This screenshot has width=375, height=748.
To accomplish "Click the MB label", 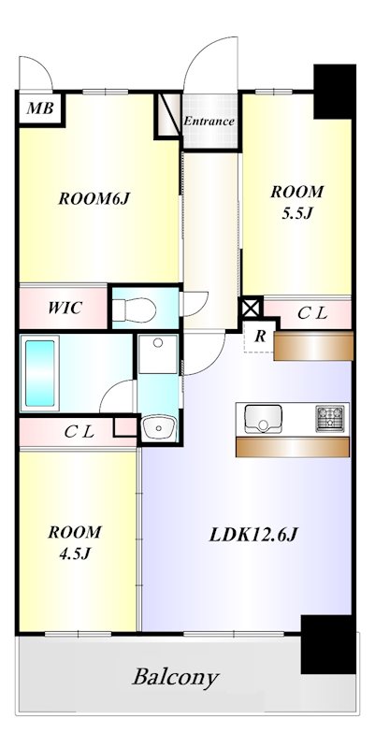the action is coord(39,108).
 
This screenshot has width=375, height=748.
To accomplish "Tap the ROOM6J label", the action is coord(94,199).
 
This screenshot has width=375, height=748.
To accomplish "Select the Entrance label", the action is coord(209,122).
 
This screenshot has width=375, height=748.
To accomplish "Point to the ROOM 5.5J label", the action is coord(296,202).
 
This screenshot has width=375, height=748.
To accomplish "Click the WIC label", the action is coord(65,308).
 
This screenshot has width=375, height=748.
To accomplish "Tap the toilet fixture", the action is coord(134,309).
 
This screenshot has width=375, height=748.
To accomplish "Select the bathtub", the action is coord(39,373).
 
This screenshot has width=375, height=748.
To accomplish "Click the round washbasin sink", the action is coord(159,426).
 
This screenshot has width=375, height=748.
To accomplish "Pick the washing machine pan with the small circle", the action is coord(158,354).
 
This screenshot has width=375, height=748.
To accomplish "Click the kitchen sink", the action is coord(263,418).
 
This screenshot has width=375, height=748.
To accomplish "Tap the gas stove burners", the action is coord(330,418).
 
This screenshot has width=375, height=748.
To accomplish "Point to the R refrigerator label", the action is coord(260,336).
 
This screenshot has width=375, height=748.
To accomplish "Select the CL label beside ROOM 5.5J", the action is coord(312,313).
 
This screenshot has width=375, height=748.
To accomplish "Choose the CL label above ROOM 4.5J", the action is coord(79,432).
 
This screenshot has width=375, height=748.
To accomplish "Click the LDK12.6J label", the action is coord(253,535).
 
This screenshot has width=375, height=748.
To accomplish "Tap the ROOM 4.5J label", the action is coord(75,542).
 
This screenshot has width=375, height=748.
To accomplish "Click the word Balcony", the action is coord(176,677).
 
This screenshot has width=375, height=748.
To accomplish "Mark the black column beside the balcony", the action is coord(328,644).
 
